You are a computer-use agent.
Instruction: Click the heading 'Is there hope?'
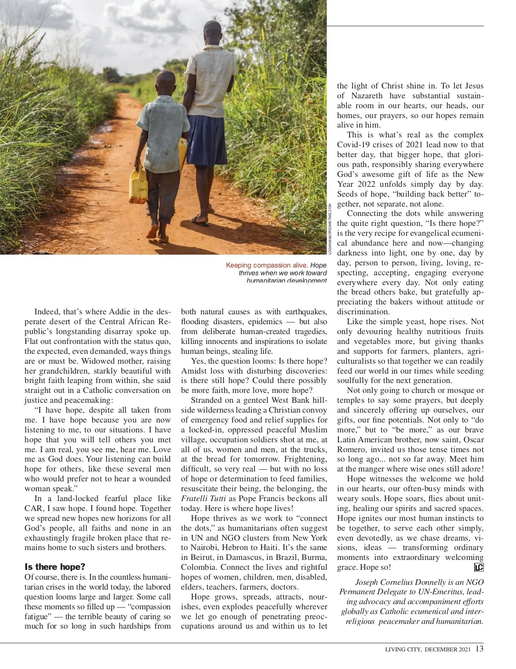[x=55, y=567]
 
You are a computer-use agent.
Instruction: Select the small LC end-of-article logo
[x=479, y=567]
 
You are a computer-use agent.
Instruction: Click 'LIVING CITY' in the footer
[x=403, y=649]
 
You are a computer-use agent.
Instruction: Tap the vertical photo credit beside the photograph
[x=330, y=230]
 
